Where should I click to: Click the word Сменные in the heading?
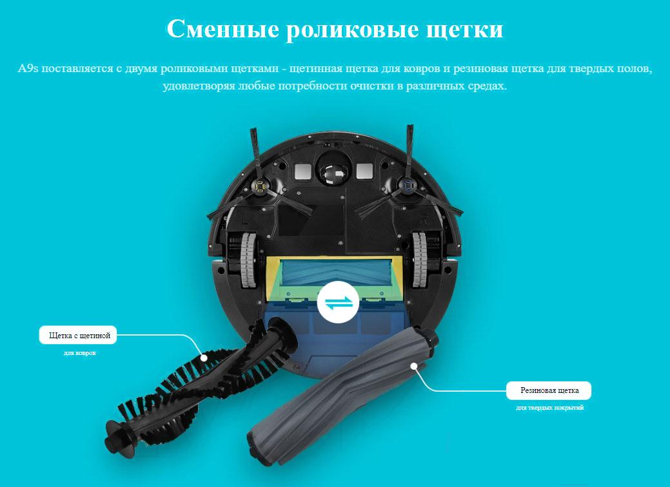[222, 29]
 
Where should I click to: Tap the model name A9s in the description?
[28, 68]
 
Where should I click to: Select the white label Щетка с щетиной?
[78, 336]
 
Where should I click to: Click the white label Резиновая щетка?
[549, 390]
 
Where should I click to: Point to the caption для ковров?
[80, 354]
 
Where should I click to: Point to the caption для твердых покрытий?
[549, 408]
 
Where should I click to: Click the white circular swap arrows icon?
[337, 302]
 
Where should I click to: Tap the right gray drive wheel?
[419, 260]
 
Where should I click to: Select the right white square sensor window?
[364, 171]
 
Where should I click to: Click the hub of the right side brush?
[407, 185]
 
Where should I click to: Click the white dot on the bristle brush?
[204, 358]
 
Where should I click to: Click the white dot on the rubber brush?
[413, 366]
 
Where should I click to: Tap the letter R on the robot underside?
[424, 220]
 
